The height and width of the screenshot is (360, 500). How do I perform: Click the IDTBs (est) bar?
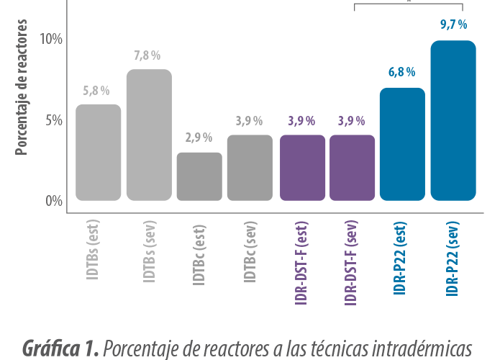(x=99, y=153)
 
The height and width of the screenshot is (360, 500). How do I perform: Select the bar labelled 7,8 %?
(x=149, y=135)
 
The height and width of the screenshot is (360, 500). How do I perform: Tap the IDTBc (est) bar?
(x=199, y=176)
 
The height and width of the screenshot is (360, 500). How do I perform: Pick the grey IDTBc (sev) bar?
(x=250, y=168)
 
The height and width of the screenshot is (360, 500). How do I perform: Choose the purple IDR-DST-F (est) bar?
(x=303, y=168)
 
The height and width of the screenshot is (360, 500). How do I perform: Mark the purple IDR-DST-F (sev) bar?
(x=353, y=168)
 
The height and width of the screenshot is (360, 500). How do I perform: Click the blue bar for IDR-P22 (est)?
(x=403, y=144)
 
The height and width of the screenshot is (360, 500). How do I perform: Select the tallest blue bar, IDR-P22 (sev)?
(x=453, y=121)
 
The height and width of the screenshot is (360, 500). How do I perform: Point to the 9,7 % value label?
(x=453, y=24)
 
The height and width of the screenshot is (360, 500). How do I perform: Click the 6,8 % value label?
(x=402, y=71)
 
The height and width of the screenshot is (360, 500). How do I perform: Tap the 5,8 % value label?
(x=96, y=90)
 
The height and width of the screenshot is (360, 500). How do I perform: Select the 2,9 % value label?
(x=199, y=137)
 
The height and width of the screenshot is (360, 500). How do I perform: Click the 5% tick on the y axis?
(x=53, y=120)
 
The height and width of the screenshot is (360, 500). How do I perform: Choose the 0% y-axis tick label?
(x=53, y=201)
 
